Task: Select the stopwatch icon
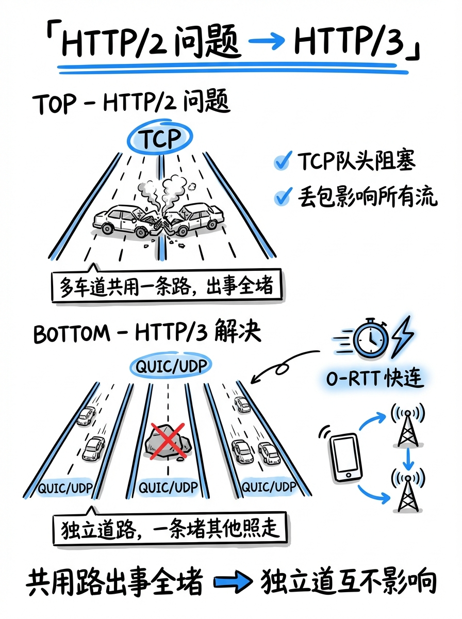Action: tap(369, 338)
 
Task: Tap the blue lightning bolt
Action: tap(403, 338)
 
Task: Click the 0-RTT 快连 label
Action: tap(374, 379)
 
